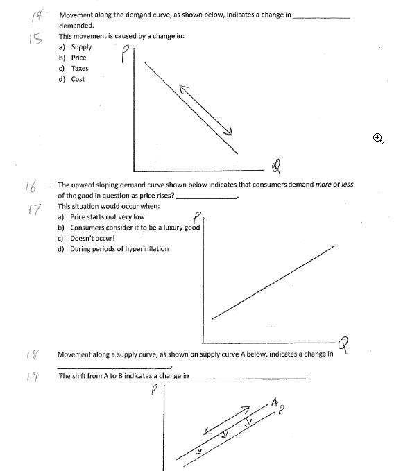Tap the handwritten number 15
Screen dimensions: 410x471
tap(35, 39)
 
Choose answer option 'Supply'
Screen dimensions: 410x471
tap(81, 47)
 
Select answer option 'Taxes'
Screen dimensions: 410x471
tap(79, 69)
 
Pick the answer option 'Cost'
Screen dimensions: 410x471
tap(78, 79)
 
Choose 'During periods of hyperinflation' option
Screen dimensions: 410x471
tap(119, 248)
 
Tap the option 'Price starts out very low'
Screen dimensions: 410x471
tap(107, 217)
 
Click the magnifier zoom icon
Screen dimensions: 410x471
tap(378, 138)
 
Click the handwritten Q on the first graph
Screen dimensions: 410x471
tap(277, 166)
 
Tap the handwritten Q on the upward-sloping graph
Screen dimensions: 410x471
tap(342, 343)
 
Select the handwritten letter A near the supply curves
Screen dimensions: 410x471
tap(275, 402)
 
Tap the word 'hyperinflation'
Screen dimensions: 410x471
tap(144, 248)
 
